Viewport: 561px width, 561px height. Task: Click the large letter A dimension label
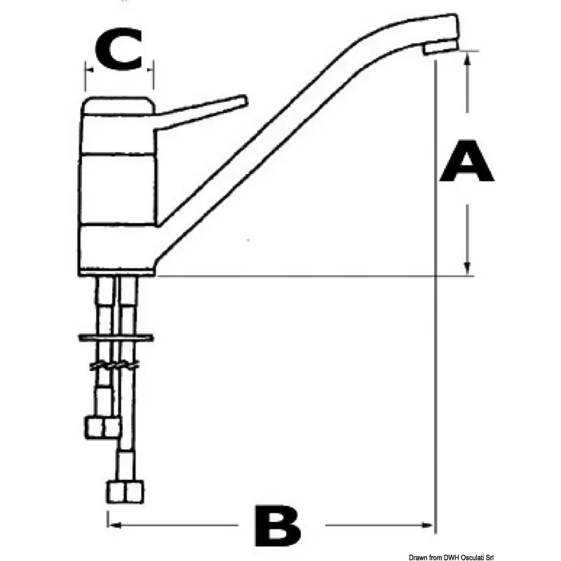[467, 161]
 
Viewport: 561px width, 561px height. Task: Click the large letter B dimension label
[278, 525]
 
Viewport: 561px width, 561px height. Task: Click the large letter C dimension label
[119, 49]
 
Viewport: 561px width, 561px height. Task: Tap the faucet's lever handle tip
[245, 100]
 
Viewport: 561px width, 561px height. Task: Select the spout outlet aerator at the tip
[440, 48]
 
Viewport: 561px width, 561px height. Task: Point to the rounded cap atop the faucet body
[119, 106]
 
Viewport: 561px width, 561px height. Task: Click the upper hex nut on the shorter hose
[102, 428]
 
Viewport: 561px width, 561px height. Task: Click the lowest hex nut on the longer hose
[126, 492]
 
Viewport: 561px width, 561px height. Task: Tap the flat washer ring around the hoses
[116, 337]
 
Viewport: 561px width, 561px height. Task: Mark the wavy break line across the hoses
[114, 365]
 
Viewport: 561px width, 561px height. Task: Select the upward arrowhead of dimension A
[467, 58]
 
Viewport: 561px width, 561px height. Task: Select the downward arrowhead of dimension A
[467, 269]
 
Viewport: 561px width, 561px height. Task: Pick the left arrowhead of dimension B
[114, 525]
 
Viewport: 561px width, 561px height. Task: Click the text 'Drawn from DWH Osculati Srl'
[451, 557]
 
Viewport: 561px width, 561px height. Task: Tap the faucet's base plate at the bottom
[116, 273]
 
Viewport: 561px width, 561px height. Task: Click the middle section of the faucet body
[118, 189]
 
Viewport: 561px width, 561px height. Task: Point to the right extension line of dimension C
[153, 75]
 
